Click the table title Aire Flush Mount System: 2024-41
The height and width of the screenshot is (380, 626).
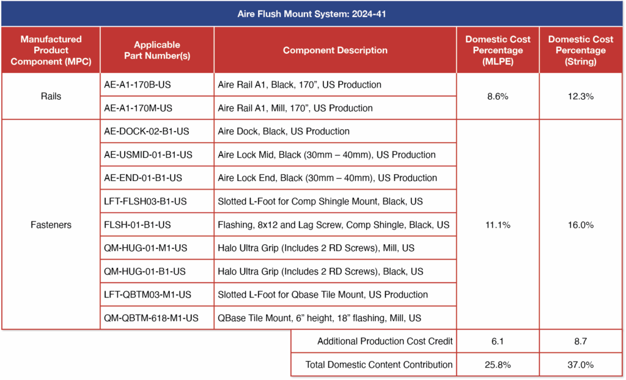[x=312, y=13]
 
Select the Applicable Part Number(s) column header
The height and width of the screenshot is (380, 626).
[x=157, y=50]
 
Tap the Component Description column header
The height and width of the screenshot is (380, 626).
[x=335, y=50]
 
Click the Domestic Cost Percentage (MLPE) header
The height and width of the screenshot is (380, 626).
[x=498, y=50]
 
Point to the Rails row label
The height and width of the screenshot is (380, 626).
[x=51, y=96]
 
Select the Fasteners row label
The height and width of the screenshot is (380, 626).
[x=51, y=225]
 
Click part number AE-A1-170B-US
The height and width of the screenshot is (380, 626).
[x=138, y=84]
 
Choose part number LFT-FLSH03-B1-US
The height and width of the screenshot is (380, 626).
[x=145, y=201]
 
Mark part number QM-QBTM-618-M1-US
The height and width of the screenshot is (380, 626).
[x=151, y=318]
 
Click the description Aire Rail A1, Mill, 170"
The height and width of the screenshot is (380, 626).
[x=295, y=108]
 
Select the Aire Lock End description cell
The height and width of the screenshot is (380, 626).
[x=327, y=178]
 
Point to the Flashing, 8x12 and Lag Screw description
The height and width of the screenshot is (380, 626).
[x=333, y=225]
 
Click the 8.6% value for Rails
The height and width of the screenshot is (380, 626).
[x=498, y=96]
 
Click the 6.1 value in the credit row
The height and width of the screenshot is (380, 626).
[x=498, y=341]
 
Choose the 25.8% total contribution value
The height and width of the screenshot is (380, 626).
[x=498, y=364]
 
